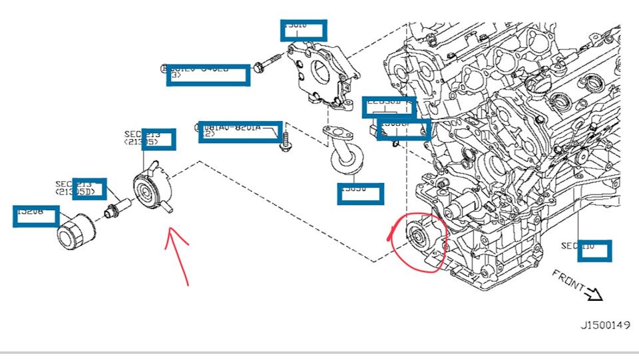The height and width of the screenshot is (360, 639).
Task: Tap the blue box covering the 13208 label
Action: point(36,216)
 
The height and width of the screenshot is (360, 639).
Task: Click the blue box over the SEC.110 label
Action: point(594,250)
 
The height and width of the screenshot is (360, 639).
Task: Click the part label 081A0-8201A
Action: point(240,126)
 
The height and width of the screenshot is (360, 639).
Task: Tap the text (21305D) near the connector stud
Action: point(80,192)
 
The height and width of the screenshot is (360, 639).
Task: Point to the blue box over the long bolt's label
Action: point(208,75)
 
